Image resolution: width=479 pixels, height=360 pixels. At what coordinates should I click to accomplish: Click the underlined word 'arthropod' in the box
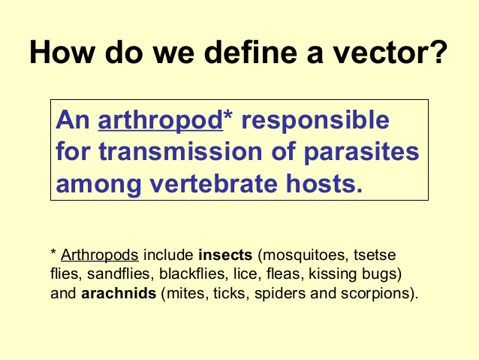[160, 121]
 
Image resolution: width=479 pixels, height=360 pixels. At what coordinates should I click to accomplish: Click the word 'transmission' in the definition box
[168, 153]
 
